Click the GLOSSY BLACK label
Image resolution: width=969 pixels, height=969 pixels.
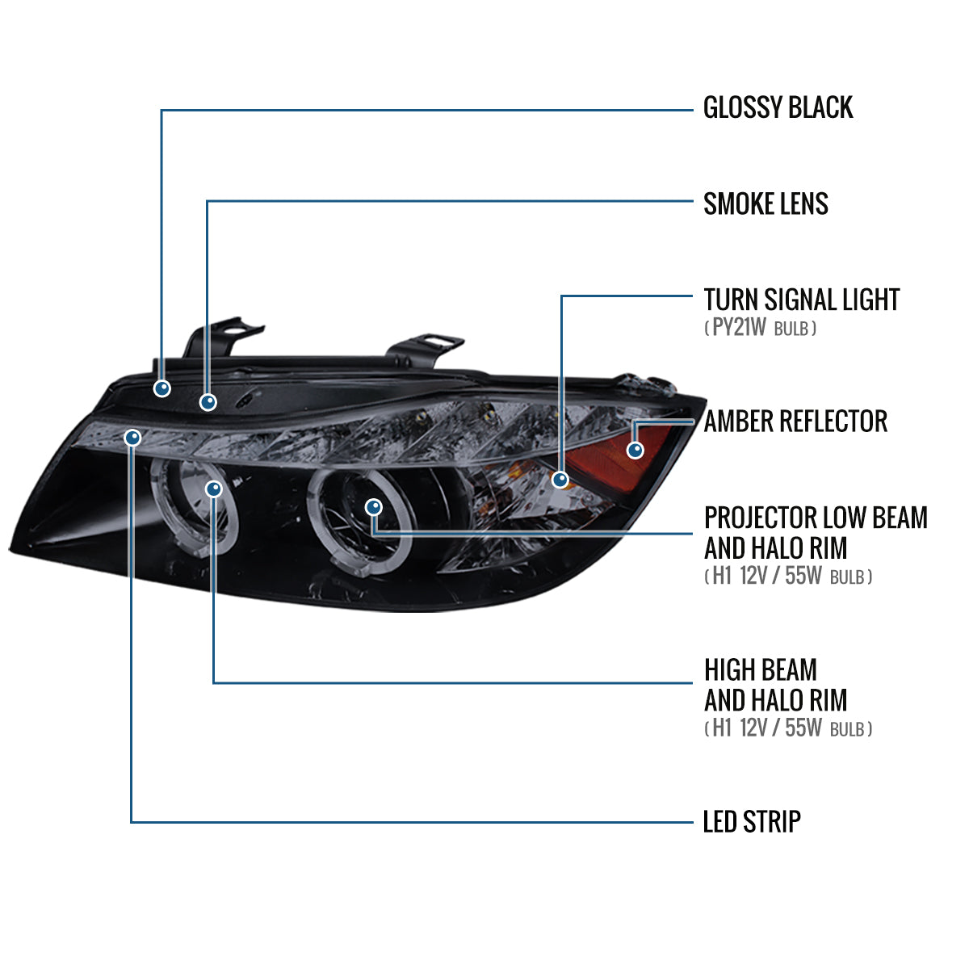778,107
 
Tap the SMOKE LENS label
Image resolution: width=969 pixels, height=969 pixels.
766,203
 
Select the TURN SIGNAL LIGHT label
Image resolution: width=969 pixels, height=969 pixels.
801,300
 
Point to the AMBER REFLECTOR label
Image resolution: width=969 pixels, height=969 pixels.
795,421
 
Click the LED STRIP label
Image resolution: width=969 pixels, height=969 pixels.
752,822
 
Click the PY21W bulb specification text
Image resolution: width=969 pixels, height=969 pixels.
760,328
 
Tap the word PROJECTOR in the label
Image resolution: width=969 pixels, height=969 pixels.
759,518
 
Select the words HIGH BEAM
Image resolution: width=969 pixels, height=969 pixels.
760,669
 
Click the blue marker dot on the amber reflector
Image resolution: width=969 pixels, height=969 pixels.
636,450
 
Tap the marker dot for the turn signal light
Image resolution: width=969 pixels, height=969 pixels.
560,480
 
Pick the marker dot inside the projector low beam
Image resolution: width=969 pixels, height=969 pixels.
373,507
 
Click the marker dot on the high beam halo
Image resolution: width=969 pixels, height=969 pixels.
214,489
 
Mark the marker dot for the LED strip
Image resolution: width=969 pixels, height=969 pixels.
132,438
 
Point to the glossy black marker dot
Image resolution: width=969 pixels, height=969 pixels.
162,388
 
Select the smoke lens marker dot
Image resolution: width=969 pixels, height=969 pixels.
208,401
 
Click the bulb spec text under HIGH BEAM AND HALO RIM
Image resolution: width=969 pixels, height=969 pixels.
787,728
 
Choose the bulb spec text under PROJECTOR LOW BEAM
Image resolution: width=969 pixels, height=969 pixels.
787,577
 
